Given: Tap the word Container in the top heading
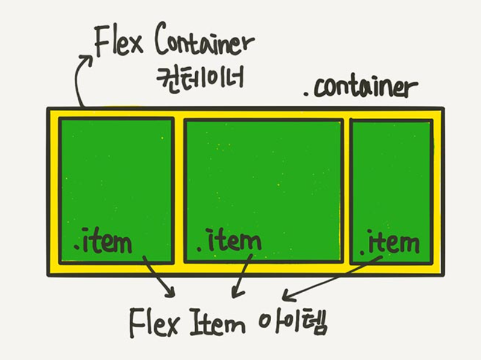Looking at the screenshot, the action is [205, 44].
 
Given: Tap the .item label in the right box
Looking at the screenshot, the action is [390, 241].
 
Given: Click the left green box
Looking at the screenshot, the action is [116, 175].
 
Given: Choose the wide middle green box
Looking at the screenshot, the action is [263, 175].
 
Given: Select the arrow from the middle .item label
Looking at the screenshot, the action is [241, 275].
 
